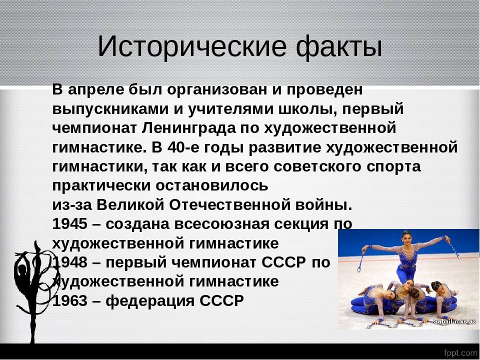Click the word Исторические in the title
pyautogui.click(x=192, y=47)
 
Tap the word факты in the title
pyautogui.click(x=339, y=47)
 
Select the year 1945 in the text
pyautogui.click(x=70, y=224)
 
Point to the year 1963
pyautogui.click(x=70, y=300)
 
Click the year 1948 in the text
pyautogui.click(x=70, y=262)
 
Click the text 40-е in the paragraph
pyautogui.click(x=183, y=147)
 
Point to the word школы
pyautogui.click(x=307, y=109)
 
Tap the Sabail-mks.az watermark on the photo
pyautogui.click(x=454, y=321)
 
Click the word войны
pyautogui.click(x=323, y=205)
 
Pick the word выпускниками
pyautogui.click(x=110, y=109)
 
